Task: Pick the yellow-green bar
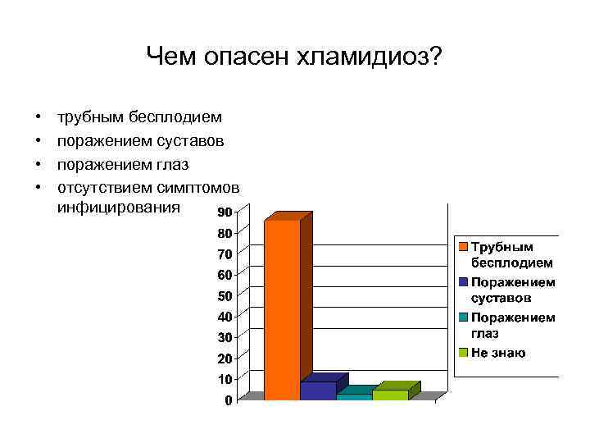390,395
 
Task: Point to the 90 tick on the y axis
224,212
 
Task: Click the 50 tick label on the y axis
224,295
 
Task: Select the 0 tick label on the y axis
227,401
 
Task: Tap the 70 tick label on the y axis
224,253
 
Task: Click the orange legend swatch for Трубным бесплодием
464,246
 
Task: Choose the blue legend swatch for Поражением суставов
464,281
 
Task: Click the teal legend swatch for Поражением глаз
464,317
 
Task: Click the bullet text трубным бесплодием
139,119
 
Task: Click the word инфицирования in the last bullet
118,207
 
